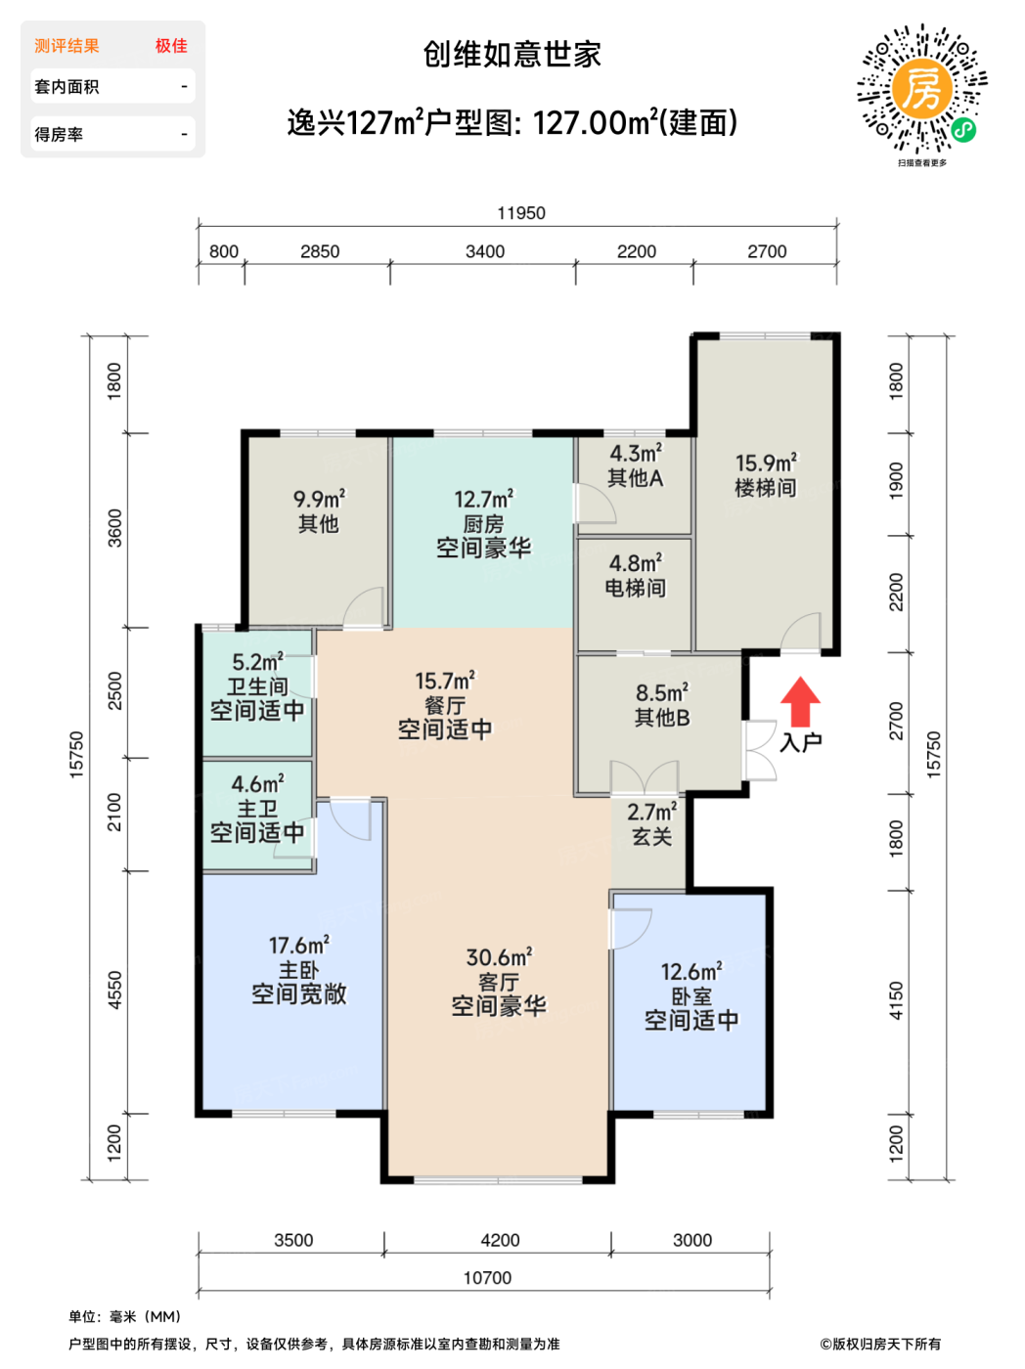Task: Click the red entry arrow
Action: (800, 701)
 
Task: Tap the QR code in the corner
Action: (921, 89)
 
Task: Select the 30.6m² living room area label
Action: (499, 957)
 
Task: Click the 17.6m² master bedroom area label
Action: (299, 946)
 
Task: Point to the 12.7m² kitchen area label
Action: (483, 499)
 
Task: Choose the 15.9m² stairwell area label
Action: (766, 463)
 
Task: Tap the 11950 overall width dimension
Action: (521, 213)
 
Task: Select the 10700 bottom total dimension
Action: (487, 1278)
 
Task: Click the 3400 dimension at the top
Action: (485, 251)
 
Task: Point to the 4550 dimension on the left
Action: (114, 990)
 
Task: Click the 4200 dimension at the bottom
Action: (500, 1240)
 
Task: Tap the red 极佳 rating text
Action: (171, 46)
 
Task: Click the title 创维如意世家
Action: (512, 54)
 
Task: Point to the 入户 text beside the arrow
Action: (801, 742)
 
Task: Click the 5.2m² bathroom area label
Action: (257, 661)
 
